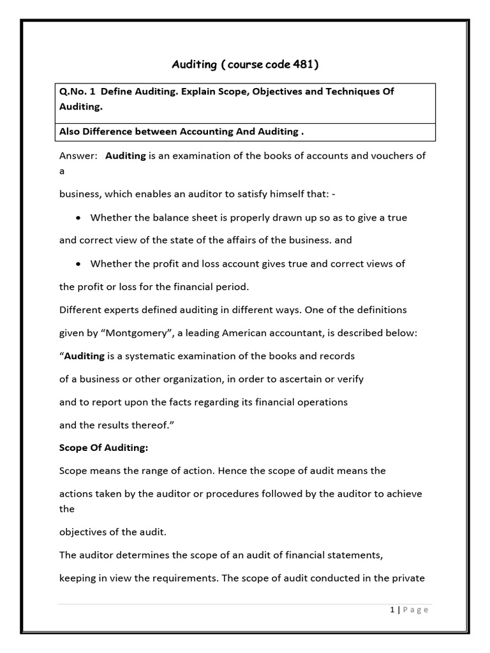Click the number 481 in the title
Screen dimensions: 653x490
coord(304,64)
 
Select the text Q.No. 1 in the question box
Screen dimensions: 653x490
coord(77,91)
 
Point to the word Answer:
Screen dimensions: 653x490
coord(77,156)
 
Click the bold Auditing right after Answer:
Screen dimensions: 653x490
coord(126,156)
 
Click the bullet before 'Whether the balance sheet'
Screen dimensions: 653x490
coord(78,217)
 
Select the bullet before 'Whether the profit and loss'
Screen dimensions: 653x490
coord(78,263)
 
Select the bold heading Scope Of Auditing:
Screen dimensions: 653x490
coord(103,448)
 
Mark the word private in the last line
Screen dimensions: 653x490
coord(408,578)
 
